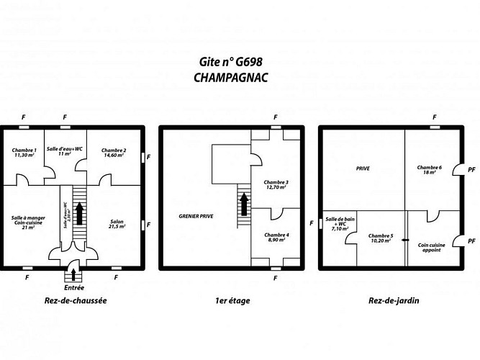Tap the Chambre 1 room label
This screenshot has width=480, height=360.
click(24, 152)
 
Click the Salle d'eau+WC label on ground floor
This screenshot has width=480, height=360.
click(65, 151)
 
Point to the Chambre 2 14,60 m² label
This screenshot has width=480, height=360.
click(114, 152)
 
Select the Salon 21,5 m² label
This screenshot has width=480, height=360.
click(117, 224)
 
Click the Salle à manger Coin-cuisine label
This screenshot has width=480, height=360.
click(28, 221)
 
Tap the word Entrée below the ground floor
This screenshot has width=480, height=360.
click(74, 287)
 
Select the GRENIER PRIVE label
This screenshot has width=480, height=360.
click(196, 216)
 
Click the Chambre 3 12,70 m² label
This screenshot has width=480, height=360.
click(276, 184)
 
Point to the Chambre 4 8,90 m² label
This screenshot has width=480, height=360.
click(276, 238)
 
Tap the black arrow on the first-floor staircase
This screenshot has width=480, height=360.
click(244, 204)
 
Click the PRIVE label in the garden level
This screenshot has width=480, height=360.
click(362, 168)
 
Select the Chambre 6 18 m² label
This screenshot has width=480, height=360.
click(430, 170)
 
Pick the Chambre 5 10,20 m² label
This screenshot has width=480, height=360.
click(380, 238)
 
